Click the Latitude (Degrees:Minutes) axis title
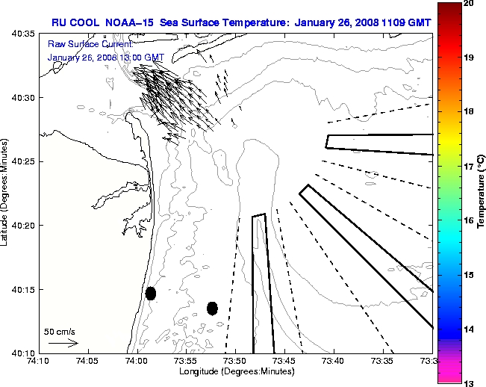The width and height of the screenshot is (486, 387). (x=6, y=193)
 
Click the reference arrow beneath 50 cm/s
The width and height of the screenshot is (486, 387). (x=63, y=343)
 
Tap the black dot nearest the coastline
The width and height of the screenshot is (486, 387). (x=151, y=293)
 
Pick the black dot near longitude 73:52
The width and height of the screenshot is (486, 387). (x=212, y=308)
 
